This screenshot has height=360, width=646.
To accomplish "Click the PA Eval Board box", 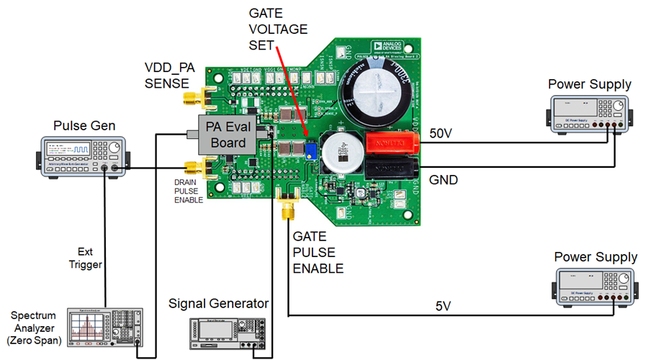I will click(226, 134).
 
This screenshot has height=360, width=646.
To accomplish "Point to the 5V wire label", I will click(445, 305).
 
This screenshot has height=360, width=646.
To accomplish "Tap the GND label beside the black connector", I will click(443, 179).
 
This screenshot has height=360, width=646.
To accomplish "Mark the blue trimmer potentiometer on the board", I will click(310, 150).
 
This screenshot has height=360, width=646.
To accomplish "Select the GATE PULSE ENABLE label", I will click(318, 252).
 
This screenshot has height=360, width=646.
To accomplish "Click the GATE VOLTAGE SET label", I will click(278, 30).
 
